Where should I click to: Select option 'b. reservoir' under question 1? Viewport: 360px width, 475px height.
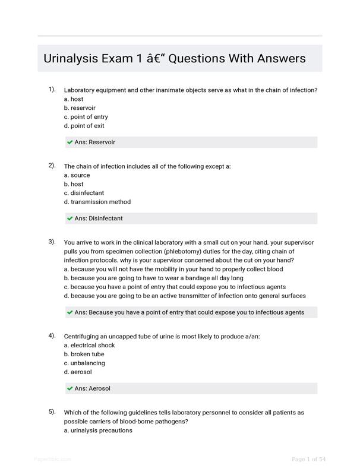[80, 108]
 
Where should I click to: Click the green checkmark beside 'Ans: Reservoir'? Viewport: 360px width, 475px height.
[70, 142]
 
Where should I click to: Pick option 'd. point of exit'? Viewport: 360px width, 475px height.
[84, 126]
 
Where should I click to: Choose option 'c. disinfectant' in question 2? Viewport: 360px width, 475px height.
[84, 193]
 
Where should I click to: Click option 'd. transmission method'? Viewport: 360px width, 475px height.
[97, 202]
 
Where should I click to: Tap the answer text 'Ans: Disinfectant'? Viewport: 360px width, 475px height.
[99, 218]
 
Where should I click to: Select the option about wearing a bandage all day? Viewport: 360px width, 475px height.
[153, 278]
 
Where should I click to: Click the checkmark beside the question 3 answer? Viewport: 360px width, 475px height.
[70, 312]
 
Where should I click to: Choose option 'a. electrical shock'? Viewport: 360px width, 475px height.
[89, 346]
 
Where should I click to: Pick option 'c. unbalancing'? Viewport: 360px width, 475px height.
[84, 363]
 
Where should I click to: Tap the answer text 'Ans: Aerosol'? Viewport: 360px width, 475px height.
[92, 389]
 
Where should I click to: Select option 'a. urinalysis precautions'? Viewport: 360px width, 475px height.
[98, 430]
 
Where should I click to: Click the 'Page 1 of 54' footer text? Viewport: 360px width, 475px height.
[308, 460]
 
